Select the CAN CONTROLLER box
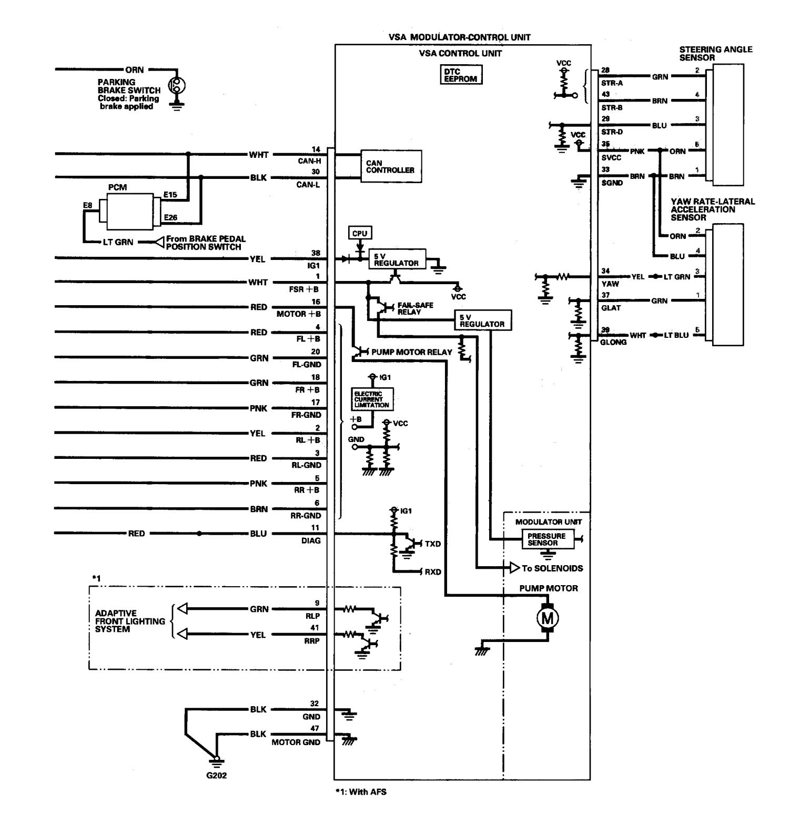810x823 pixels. tap(390, 167)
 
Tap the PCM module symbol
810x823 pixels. tap(130, 209)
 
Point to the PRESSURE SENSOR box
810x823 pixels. tap(546, 539)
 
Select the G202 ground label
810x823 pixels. tap(216, 776)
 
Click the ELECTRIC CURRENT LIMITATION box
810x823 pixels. tap(372, 399)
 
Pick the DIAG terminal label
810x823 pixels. tap(311, 540)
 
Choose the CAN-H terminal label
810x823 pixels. tap(310, 161)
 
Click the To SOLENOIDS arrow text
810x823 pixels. tap(552, 568)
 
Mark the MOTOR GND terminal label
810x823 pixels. tap(296, 742)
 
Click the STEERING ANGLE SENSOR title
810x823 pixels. tap(715, 53)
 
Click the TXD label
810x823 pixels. tap(433, 544)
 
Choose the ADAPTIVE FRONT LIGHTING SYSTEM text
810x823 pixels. tap(130, 621)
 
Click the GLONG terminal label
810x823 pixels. tap(613, 342)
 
